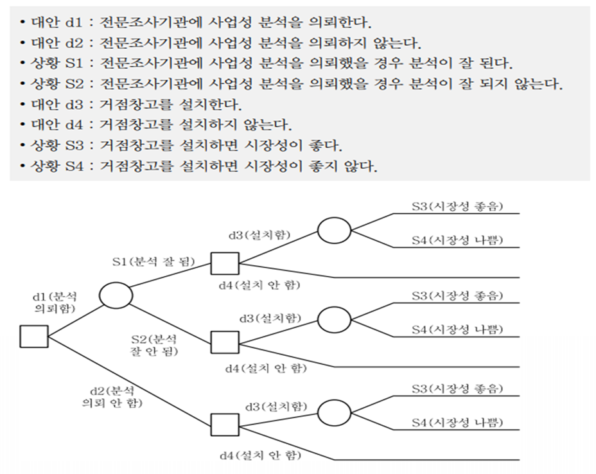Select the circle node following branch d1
point(116,295)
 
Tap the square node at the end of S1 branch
point(225,264)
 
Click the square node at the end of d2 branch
point(225,425)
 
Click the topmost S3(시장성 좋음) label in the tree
point(457,207)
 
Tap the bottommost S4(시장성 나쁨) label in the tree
point(457,422)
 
